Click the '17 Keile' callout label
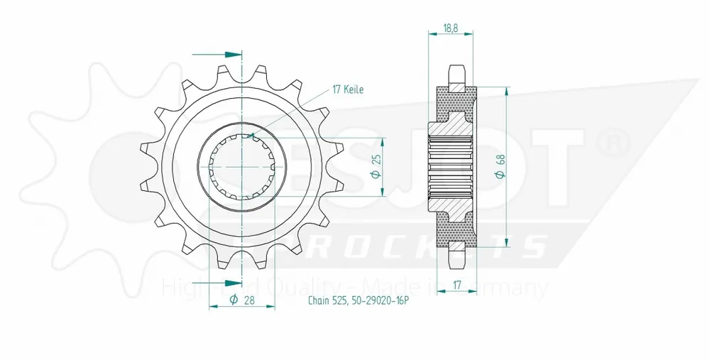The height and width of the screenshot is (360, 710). click(x=348, y=90)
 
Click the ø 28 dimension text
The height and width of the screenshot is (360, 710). click(x=241, y=300)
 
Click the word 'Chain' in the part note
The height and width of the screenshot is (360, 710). click(x=317, y=301)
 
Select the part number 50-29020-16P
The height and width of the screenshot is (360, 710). click(x=379, y=301)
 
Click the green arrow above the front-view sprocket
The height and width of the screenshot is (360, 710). click(x=228, y=54)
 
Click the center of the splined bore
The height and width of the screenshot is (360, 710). click(x=243, y=165)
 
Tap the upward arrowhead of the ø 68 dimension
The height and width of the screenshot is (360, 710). click(x=506, y=91)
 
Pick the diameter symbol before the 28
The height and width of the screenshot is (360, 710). click(x=234, y=300)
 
